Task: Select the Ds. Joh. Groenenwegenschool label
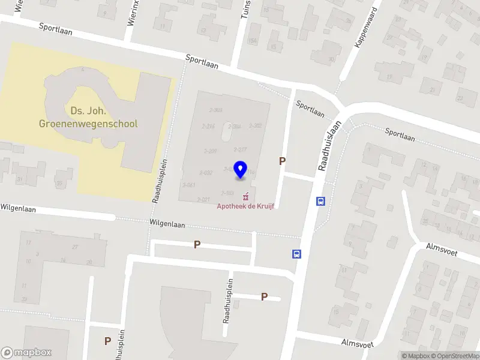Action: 88,118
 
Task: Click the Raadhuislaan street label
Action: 329,146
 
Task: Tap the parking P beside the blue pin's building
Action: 282,161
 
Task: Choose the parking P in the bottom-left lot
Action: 107,341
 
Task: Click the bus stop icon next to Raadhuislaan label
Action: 321,202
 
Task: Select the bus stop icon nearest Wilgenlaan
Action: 296,254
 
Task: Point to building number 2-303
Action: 216,110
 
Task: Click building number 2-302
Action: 256,125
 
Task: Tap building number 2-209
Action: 210,151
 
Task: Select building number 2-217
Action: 240,149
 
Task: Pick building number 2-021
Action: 203,199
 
